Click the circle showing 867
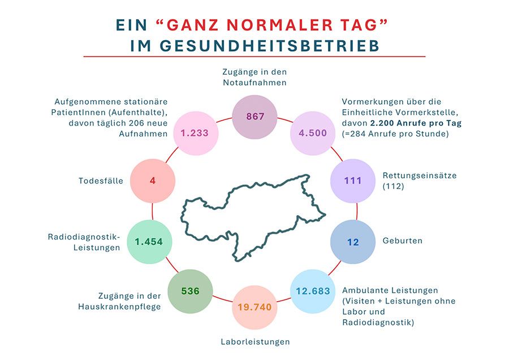tap(255, 117)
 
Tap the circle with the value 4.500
tap(313, 133)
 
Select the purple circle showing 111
tap(353, 181)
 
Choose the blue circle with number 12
tap(353, 242)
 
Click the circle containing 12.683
tap(313, 291)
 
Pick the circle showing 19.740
tap(255, 307)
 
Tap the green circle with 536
tap(190, 291)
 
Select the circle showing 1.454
tap(149, 242)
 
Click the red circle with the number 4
tap(153, 181)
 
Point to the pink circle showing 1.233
tap(196, 133)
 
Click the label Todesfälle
tap(101, 181)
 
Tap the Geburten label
tap(403, 241)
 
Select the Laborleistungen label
tap(255, 342)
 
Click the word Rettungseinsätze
tap(420, 176)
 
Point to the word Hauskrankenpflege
tap(119, 307)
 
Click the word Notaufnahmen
tap(255, 83)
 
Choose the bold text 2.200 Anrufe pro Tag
tap(416, 123)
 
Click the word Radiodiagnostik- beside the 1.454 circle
tap(84, 237)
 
